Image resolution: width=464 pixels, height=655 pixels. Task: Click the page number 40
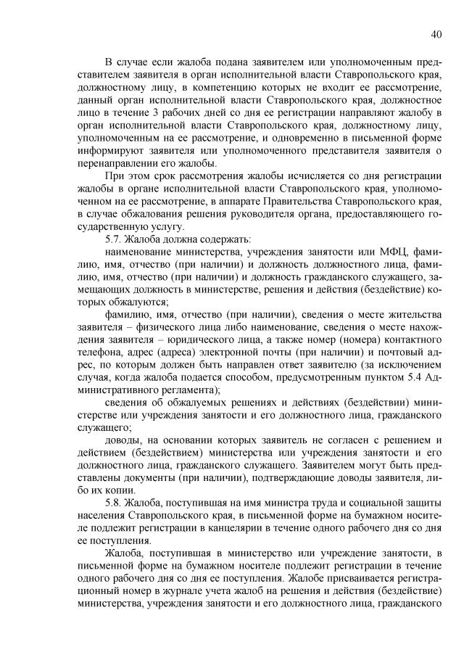436,33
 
